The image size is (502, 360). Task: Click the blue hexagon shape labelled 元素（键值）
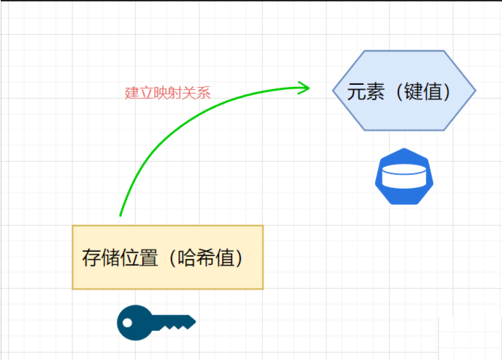[x=404, y=91]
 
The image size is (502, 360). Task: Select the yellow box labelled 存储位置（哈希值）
[x=168, y=258]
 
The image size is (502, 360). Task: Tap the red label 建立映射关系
[x=168, y=93]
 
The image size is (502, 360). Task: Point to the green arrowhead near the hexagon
[x=305, y=88]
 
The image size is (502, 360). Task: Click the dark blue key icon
[x=155, y=322]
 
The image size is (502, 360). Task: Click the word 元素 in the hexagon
[x=365, y=92]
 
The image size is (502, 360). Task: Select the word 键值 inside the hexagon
[x=424, y=92]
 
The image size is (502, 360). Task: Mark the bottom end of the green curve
[x=120, y=215]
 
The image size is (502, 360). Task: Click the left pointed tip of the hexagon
[x=334, y=91]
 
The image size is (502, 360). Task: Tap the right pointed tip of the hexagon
[x=474, y=91]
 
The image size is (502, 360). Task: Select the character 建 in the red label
[x=131, y=93]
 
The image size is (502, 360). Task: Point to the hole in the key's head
[x=127, y=322]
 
